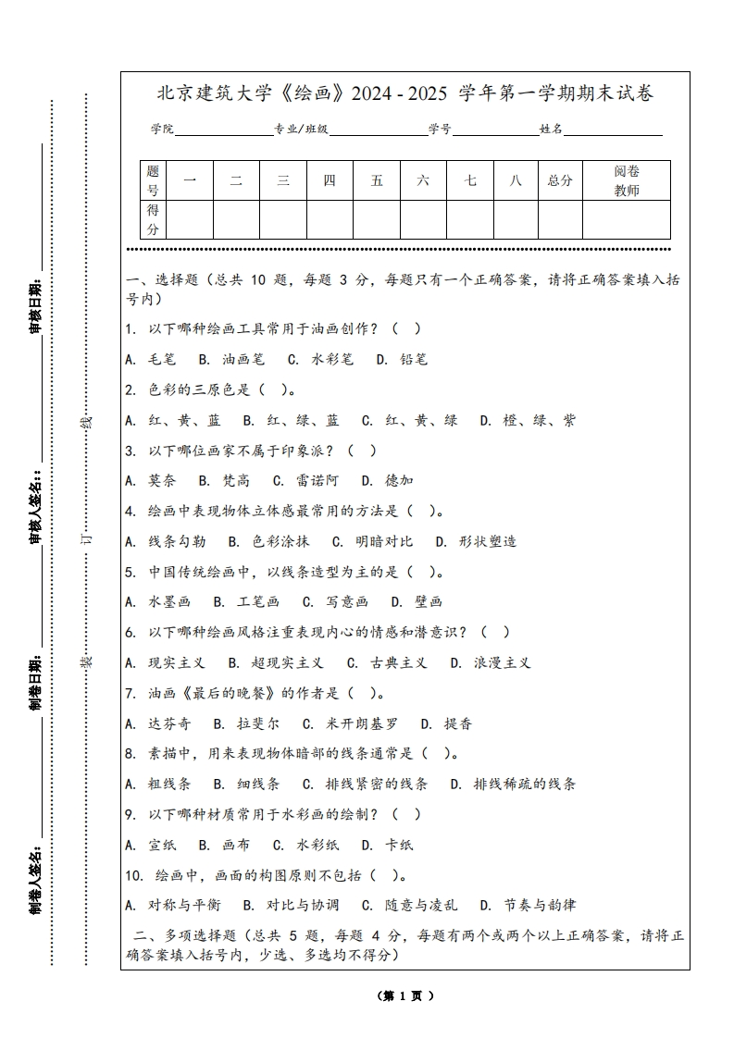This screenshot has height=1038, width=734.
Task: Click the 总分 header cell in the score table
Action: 560,180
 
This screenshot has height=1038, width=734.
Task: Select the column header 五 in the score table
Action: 377,180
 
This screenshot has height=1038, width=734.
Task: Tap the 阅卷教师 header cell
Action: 627,180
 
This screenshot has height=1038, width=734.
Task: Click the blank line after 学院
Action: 223,131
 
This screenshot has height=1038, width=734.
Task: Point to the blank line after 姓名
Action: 613,131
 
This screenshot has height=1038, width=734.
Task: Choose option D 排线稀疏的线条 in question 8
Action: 513,784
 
